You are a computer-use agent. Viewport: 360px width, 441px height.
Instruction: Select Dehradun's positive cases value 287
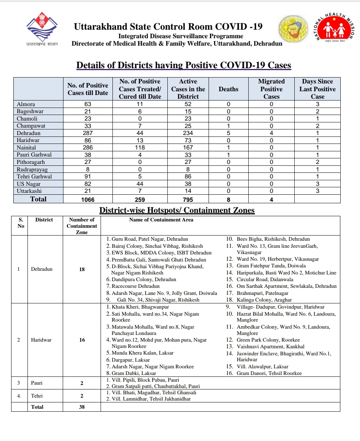click(88, 133)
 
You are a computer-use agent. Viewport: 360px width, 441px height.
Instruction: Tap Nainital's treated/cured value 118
click(140, 148)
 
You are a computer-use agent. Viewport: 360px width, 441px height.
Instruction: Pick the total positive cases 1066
click(88, 200)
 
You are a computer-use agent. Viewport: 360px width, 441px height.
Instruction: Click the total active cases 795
click(188, 200)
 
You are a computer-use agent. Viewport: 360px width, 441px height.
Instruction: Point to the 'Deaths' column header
click(228, 89)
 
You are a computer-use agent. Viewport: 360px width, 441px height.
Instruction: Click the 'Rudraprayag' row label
click(32, 170)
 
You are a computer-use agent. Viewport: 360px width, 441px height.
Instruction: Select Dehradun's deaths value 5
click(228, 133)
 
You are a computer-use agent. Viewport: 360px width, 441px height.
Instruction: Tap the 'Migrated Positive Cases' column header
click(271, 89)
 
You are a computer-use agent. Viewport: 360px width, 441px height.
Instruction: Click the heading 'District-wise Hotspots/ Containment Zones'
click(177, 210)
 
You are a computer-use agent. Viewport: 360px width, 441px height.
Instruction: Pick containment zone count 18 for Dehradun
click(82, 269)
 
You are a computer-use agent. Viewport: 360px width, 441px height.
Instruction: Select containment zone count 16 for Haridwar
click(82, 340)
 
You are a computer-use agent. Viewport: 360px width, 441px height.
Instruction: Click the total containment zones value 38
click(82, 407)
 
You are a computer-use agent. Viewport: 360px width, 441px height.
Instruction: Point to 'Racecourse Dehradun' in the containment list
click(135, 286)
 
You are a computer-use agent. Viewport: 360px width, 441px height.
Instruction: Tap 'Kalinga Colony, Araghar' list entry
click(264, 300)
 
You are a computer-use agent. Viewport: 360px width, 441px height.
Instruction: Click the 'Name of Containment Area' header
click(161, 220)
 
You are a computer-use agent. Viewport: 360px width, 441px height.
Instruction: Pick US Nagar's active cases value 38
click(188, 184)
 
